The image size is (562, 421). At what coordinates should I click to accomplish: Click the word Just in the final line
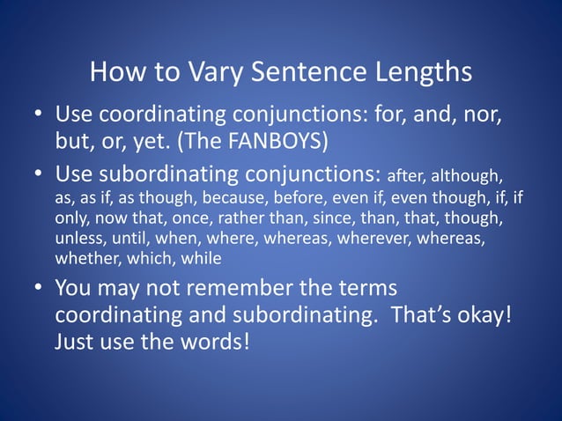pos(77,340)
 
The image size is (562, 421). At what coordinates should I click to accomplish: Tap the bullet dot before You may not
pos(38,289)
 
